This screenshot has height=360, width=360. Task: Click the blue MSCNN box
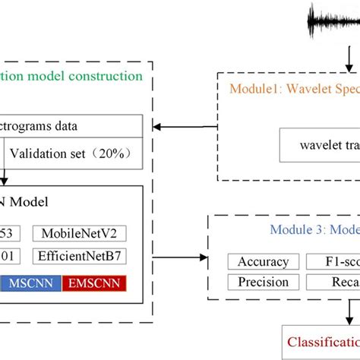(31, 283)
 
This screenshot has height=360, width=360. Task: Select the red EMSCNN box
(93, 283)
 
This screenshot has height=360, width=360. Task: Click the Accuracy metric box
(264, 262)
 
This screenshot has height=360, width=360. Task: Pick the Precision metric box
(264, 282)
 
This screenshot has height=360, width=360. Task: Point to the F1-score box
(334, 262)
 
